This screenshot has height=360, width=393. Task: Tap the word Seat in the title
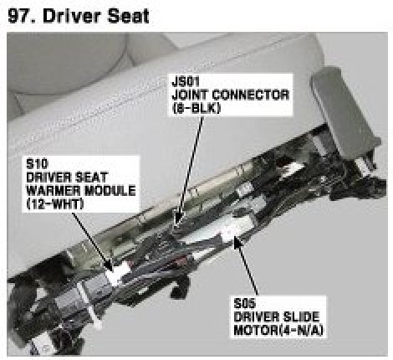(x=128, y=16)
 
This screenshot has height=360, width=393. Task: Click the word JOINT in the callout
(x=190, y=95)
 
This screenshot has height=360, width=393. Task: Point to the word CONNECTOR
(x=250, y=95)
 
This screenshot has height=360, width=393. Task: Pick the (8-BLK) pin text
(x=196, y=109)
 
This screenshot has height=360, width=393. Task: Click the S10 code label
(x=37, y=164)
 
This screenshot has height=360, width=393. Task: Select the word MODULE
(x=110, y=191)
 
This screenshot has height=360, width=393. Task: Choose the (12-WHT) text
(x=55, y=204)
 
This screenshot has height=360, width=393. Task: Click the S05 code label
(x=244, y=304)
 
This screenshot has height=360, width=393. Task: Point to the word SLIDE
(x=301, y=317)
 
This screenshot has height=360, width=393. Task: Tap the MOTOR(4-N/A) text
(x=278, y=331)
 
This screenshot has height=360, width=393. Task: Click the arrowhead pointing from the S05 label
(x=235, y=238)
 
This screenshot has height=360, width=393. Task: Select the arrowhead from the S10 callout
(x=111, y=270)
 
